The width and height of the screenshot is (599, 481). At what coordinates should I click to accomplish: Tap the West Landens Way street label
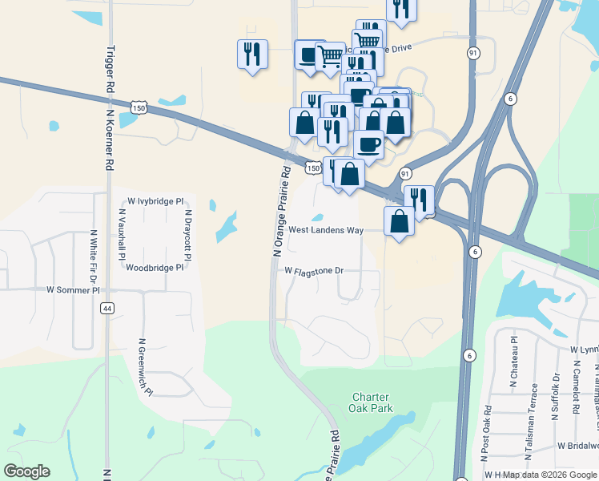[326, 230]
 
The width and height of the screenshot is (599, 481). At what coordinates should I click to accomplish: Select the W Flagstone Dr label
[314, 271]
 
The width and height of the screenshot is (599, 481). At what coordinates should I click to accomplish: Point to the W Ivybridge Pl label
[156, 201]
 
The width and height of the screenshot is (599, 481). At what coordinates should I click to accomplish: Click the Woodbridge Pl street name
[155, 268]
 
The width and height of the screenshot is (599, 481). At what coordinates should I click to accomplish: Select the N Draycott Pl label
[188, 234]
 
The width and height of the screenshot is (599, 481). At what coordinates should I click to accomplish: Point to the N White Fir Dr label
[94, 255]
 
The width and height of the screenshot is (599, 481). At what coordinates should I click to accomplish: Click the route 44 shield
[107, 308]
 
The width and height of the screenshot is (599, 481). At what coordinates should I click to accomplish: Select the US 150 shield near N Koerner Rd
[139, 107]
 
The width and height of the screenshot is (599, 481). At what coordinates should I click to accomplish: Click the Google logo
[26, 471]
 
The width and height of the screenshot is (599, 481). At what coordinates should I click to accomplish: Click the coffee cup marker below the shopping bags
[368, 145]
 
